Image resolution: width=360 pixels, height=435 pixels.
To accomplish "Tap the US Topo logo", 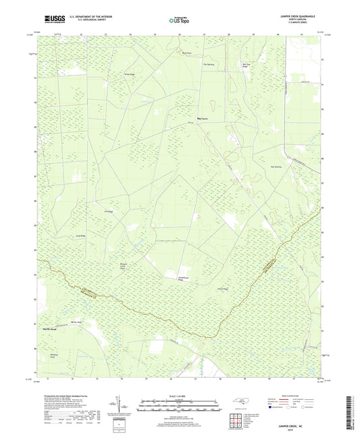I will click(179, 20).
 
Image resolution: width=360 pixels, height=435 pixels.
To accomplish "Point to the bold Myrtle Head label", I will click(51, 329).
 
